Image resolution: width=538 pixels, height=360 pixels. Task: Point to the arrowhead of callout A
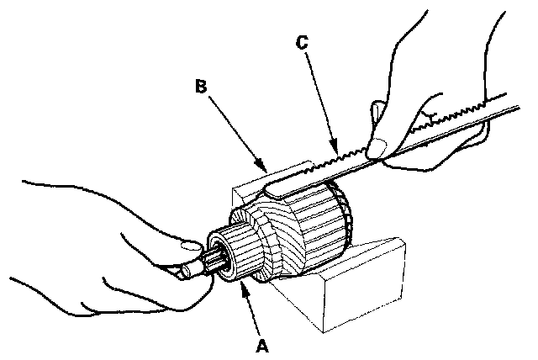click(244, 287)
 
